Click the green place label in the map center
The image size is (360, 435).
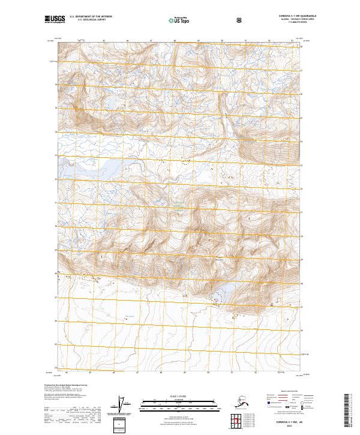click(179, 210)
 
